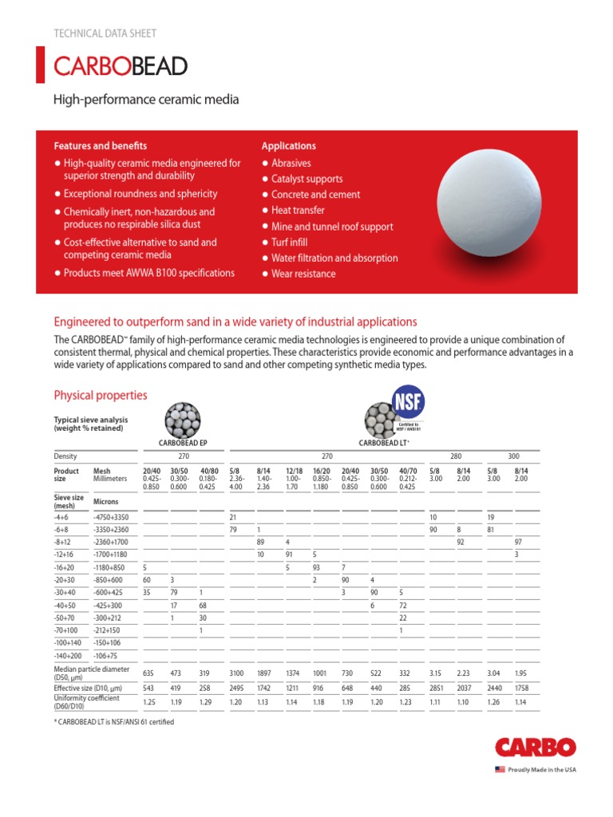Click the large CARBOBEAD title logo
pyautogui.click(x=121, y=65)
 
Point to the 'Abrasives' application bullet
pyautogui.click(x=291, y=163)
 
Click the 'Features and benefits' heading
pyautogui.click(x=101, y=146)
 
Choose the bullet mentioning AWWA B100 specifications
pyautogui.click(x=149, y=273)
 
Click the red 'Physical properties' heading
pyautogui.click(x=100, y=396)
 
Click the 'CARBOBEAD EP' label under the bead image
pyautogui.click(x=184, y=442)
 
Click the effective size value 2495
pyautogui.click(x=237, y=687)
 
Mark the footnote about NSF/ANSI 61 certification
pyautogui.click(x=113, y=722)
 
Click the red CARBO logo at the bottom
pyautogui.click(x=535, y=748)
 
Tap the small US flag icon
pyautogui.click(x=500, y=769)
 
